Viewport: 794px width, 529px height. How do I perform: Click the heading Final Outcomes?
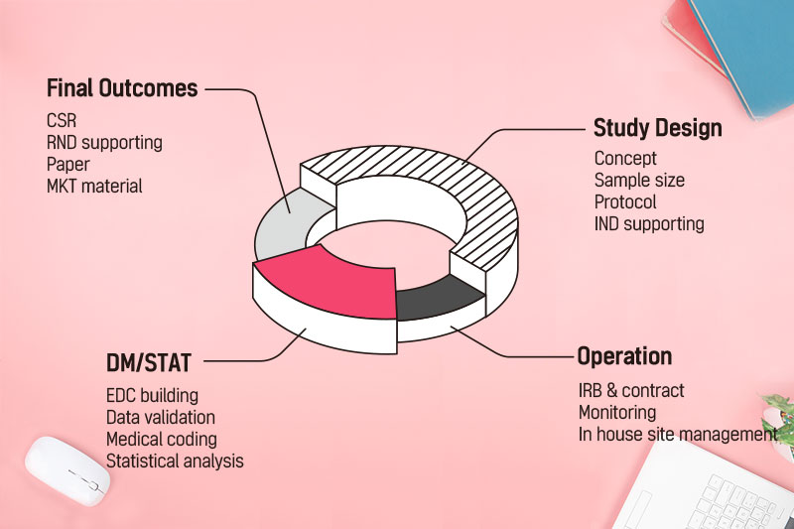click(x=122, y=88)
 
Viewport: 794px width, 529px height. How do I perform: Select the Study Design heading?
click(x=658, y=128)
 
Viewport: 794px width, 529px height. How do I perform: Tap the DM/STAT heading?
click(x=148, y=363)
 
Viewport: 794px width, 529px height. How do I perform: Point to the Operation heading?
click(x=625, y=356)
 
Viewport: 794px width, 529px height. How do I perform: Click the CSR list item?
click(x=62, y=121)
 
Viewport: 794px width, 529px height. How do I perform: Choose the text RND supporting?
click(x=104, y=143)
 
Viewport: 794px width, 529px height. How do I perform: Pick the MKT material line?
click(x=94, y=187)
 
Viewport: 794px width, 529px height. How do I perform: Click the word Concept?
click(x=625, y=159)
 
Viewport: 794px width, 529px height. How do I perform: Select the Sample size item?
click(x=639, y=181)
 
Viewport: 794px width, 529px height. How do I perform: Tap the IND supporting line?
click(x=649, y=224)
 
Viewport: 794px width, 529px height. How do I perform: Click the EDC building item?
click(x=153, y=396)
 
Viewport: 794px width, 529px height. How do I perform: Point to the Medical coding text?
click(x=162, y=440)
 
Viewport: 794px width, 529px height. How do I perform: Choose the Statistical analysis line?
click(x=175, y=462)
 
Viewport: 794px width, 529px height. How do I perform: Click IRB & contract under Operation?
click(x=631, y=391)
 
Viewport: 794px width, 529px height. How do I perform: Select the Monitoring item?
click(x=617, y=413)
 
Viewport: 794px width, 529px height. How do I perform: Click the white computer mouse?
click(x=67, y=471)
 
